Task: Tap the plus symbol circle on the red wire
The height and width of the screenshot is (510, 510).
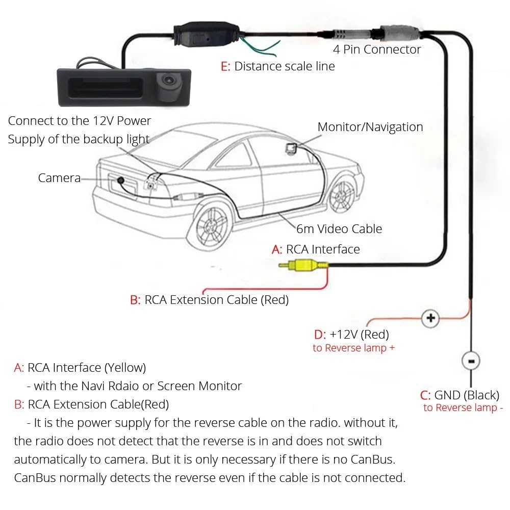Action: [430, 319]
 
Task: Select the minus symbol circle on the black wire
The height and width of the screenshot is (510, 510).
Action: [470, 361]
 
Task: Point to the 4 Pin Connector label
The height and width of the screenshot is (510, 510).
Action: [377, 49]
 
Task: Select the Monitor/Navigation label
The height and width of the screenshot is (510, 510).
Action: [370, 127]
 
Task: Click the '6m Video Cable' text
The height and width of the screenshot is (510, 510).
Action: [339, 229]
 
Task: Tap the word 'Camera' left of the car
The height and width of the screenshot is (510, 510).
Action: [59, 178]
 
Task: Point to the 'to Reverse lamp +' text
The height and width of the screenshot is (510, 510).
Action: [353, 348]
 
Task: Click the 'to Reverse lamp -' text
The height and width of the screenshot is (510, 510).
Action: [463, 407]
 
